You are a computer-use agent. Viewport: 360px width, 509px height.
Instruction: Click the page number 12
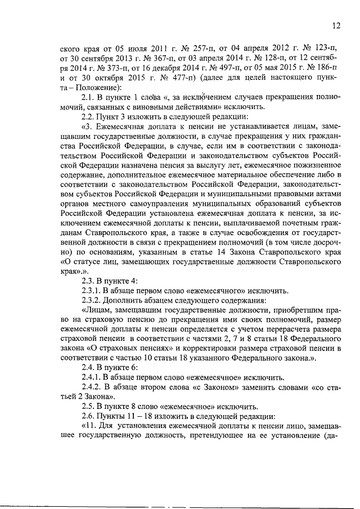[336, 25]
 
